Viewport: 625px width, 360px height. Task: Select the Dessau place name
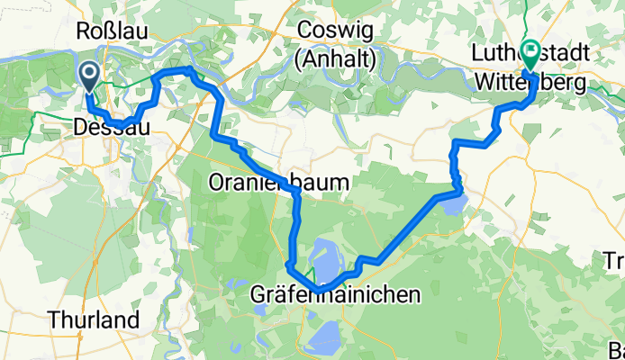tap(111, 130)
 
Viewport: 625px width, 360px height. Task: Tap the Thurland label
tap(95, 319)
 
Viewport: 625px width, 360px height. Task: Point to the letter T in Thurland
tap(55, 319)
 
